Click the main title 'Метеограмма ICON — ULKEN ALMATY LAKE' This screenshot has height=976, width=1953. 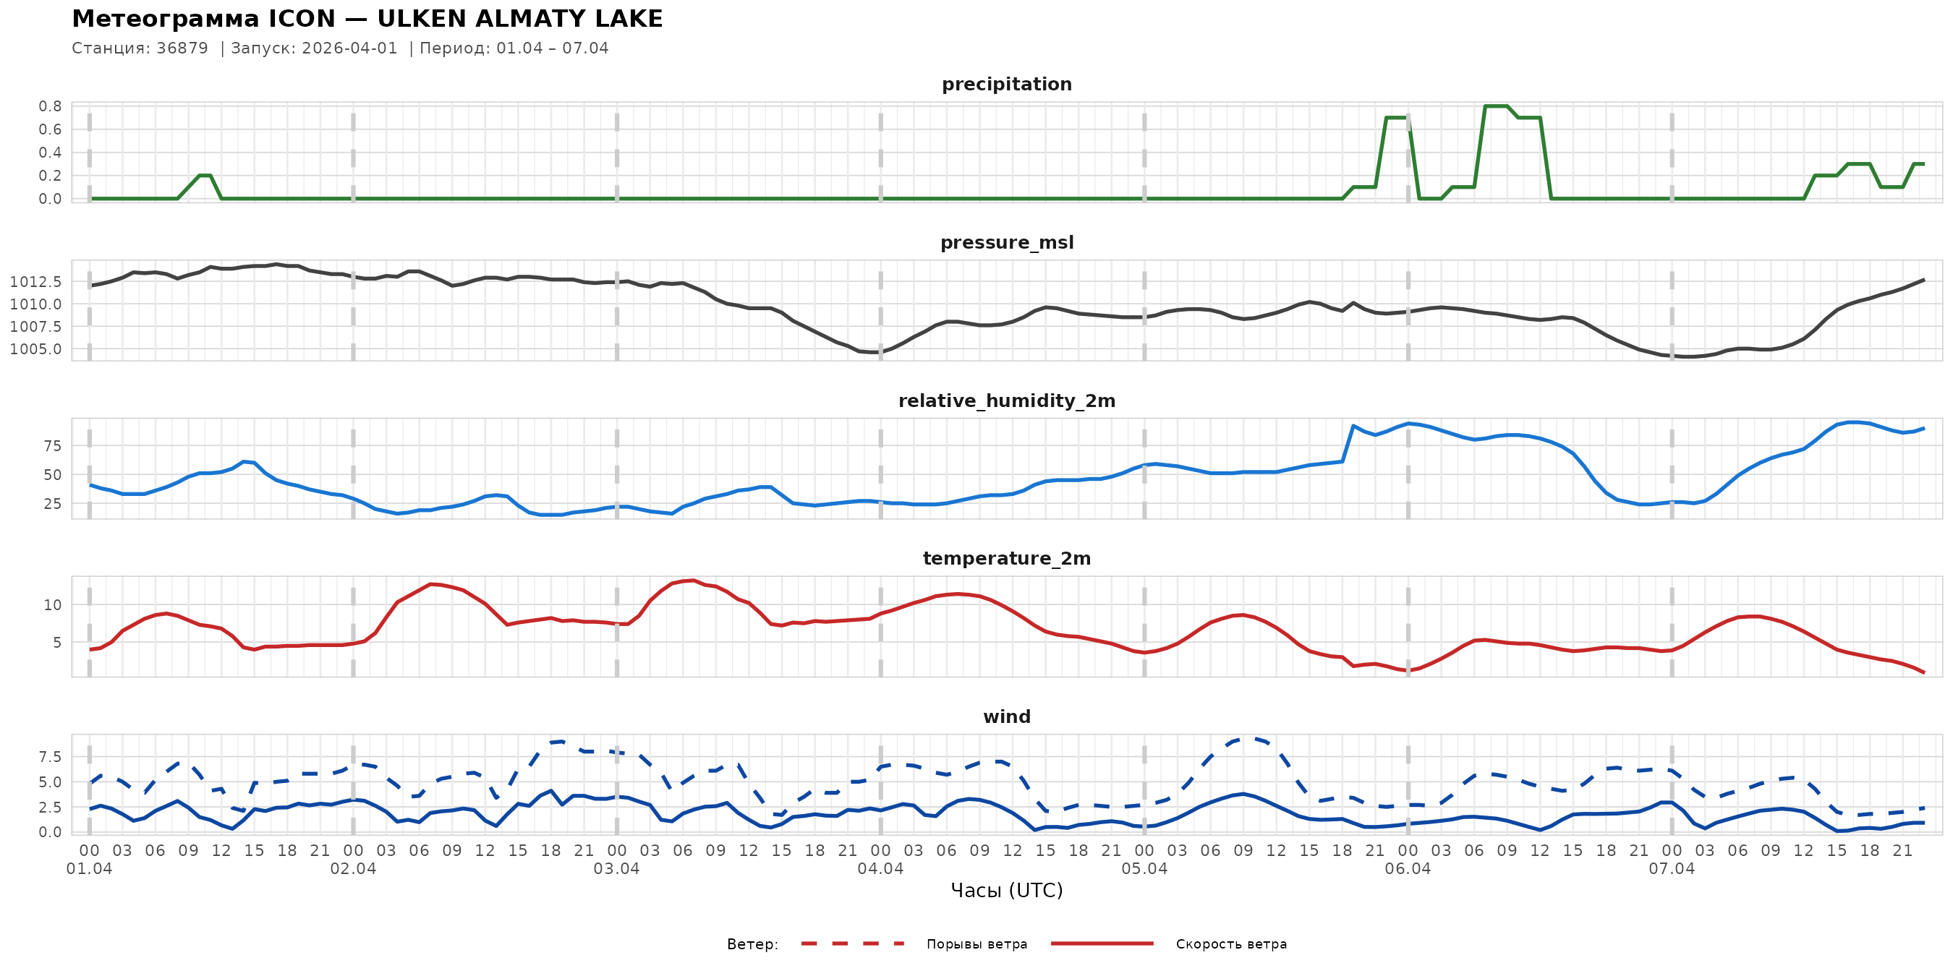[x=367, y=19]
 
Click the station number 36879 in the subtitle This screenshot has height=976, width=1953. [x=182, y=48]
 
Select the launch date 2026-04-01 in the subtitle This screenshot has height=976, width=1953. [x=349, y=48]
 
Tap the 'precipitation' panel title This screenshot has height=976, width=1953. [x=1006, y=84]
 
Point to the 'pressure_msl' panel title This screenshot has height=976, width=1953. [x=1006, y=242]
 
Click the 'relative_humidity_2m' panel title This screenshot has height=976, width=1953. [x=1006, y=401]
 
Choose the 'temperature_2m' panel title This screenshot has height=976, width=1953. [x=1006, y=558]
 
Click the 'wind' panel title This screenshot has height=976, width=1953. [x=1006, y=717]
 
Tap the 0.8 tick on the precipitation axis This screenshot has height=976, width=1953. [x=50, y=106]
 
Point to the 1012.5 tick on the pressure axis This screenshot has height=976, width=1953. [x=35, y=282]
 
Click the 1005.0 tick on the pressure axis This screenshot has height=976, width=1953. [x=35, y=349]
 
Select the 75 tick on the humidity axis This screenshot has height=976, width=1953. [x=52, y=445]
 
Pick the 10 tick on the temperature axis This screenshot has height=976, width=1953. [x=52, y=604]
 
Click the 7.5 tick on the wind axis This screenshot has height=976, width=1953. [x=50, y=757]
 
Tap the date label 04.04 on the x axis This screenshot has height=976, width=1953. [x=880, y=869]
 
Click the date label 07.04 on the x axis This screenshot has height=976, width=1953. [x=1671, y=869]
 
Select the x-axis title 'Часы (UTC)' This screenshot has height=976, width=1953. [x=1006, y=891]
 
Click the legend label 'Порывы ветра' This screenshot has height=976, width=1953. [x=977, y=944]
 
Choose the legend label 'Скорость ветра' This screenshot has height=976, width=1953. [x=1230, y=944]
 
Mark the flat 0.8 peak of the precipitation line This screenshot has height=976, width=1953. [x=1496, y=106]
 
